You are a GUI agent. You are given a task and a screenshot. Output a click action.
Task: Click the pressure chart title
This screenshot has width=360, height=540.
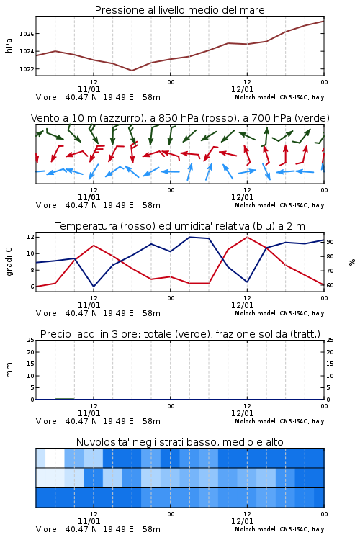(179, 10)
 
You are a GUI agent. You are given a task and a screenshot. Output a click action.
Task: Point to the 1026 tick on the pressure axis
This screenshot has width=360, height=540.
(27, 34)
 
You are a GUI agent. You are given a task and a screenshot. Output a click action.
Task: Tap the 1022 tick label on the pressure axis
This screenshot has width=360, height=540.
(27, 69)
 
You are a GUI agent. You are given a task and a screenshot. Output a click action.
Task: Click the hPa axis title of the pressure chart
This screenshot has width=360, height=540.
(9, 46)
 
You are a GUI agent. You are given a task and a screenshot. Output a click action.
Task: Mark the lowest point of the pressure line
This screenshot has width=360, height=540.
(132, 71)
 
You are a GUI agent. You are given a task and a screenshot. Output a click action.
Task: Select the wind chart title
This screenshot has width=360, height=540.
(180, 118)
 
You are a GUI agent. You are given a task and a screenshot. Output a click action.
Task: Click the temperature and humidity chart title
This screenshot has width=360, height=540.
(180, 226)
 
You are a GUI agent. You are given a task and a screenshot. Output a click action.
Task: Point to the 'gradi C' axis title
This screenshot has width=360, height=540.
(9, 262)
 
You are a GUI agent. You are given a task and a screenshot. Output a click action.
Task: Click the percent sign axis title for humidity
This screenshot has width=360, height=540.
(352, 262)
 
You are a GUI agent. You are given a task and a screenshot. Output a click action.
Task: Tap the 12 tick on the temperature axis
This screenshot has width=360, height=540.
(30, 237)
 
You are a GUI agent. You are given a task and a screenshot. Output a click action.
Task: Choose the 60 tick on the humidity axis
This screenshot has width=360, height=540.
(330, 285)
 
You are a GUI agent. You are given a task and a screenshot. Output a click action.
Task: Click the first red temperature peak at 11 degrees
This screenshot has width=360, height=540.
(94, 246)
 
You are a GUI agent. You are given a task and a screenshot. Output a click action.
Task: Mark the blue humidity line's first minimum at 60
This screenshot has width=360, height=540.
(94, 287)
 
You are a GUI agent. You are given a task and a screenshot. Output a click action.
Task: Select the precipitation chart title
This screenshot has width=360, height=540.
(180, 334)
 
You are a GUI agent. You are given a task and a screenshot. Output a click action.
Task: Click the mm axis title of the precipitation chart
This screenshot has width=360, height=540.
(9, 370)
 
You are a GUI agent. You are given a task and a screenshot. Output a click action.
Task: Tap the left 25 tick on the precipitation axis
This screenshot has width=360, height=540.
(30, 340)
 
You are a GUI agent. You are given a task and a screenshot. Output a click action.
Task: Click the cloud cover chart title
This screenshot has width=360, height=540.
(179, 442)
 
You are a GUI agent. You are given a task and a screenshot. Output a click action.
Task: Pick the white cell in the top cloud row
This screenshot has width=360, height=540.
(55, 458)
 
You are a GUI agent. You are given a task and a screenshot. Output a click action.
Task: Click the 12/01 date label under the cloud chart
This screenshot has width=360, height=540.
(242, 521)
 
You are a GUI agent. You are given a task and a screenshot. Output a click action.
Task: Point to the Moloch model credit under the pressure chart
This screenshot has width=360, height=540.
(279, 97)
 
